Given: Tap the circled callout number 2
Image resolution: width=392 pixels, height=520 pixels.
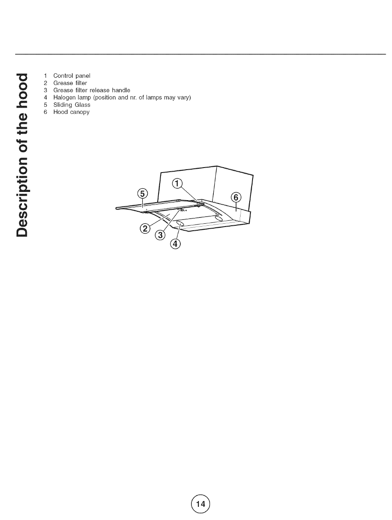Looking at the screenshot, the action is (145, 228).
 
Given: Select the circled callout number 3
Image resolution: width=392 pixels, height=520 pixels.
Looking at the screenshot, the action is (160, 235).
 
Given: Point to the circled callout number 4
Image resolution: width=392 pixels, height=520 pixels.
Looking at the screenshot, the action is (175, 244).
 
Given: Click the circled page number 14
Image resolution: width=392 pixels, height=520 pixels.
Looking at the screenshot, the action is (201, 503).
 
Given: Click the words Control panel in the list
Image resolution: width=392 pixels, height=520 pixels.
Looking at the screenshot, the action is (72, 76).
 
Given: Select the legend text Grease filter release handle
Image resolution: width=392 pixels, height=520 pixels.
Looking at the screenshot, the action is (92, 90).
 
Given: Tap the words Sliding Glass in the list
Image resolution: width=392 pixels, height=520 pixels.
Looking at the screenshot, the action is (72, 105).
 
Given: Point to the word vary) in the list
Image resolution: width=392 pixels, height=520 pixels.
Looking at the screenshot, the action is (182, 98).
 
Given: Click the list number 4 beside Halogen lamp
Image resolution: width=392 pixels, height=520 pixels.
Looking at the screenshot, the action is (45, 98).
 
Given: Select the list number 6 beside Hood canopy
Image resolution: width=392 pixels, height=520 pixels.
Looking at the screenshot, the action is (45, 112).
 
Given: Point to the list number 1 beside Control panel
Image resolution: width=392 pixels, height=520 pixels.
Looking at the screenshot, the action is (45, 76).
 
